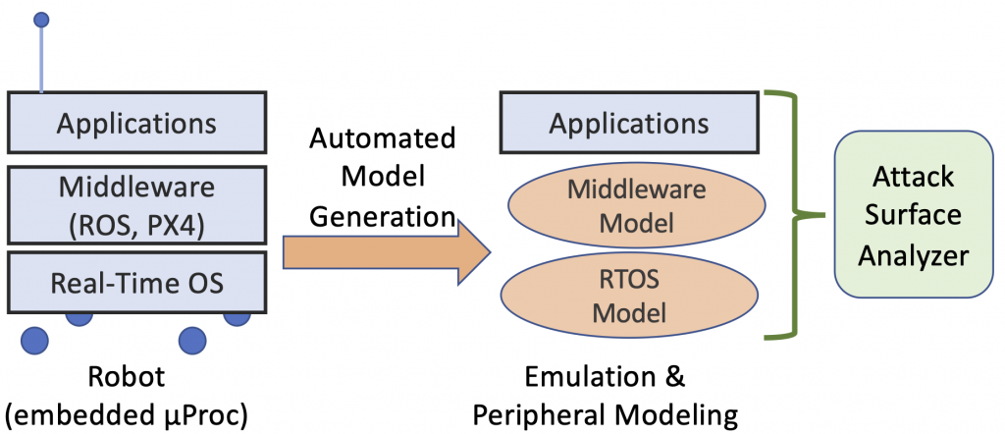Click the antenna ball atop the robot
pos(40,20)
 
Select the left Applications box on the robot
pos(136,124)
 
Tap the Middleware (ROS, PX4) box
pos(136,205)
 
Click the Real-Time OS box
pos(136,283)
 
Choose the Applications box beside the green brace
pos(628,124)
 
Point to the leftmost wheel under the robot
pos(34,340)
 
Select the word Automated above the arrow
pos(383,137)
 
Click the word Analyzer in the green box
pos(913,257)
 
